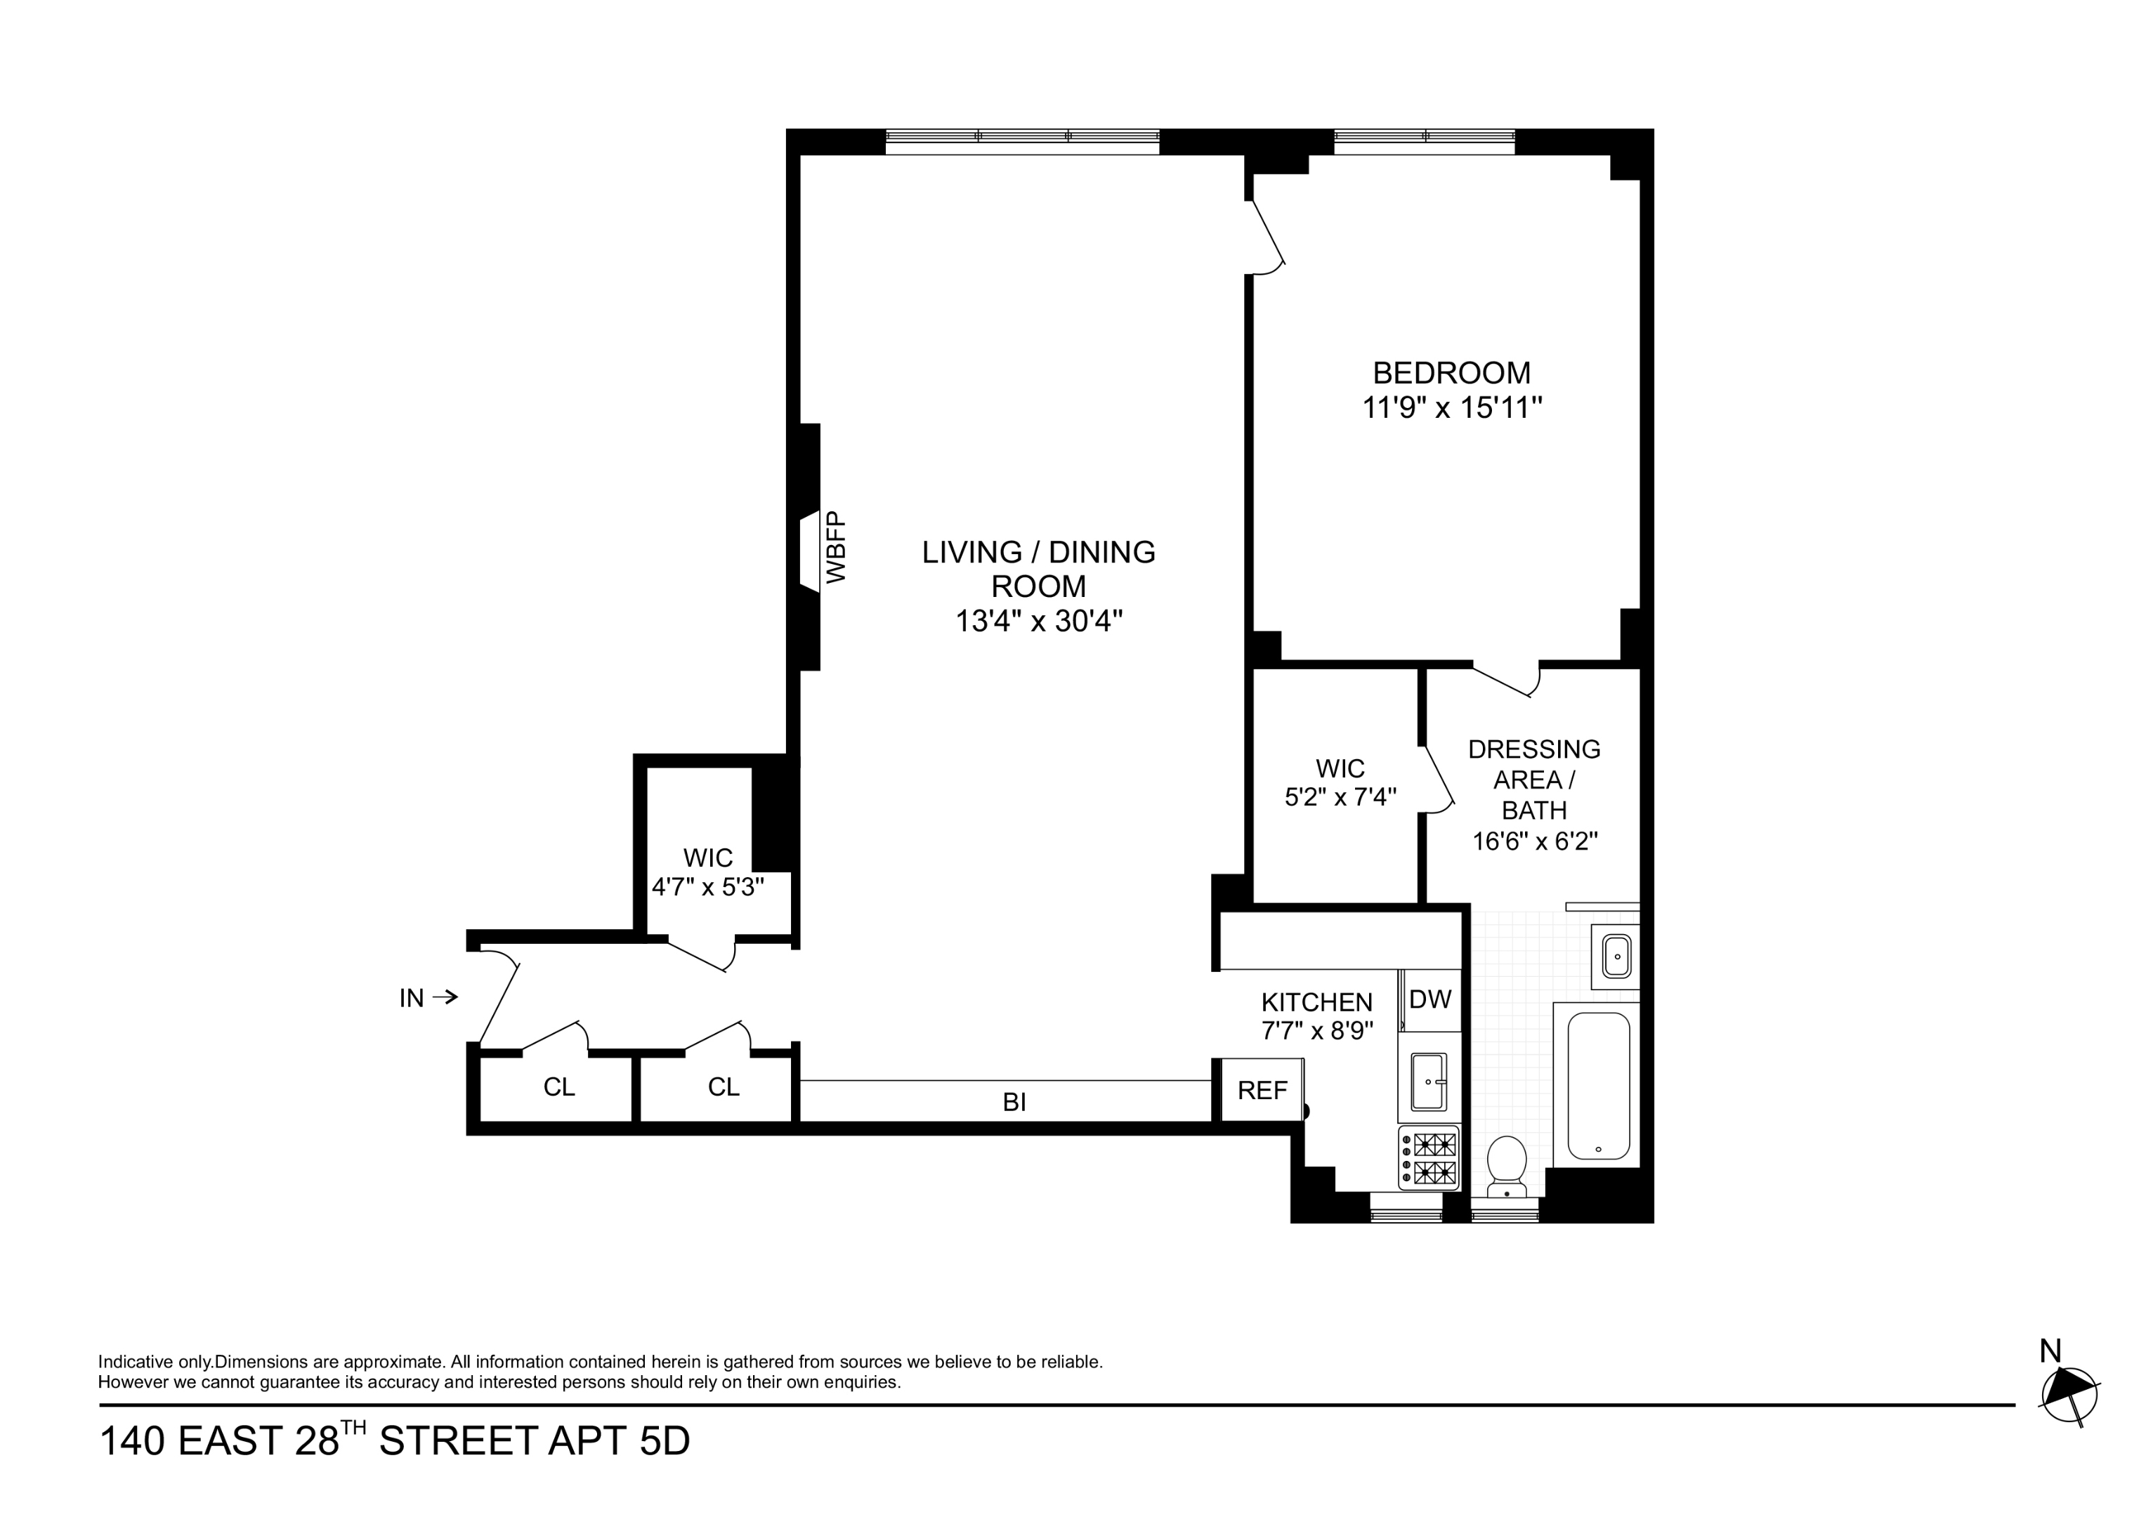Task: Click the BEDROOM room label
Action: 1451,373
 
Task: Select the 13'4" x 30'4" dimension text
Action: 1038,621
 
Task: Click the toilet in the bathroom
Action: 1506,1166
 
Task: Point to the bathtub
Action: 1597,1086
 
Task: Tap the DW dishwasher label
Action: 1429,999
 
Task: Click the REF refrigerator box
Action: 1262,1090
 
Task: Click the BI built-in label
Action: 1014,1103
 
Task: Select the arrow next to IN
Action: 446,997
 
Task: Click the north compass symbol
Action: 2070,1395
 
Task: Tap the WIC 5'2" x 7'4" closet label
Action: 1340,782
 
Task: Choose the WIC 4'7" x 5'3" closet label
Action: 707,872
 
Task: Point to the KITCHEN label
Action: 1316,1002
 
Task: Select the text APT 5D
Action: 618,1441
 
